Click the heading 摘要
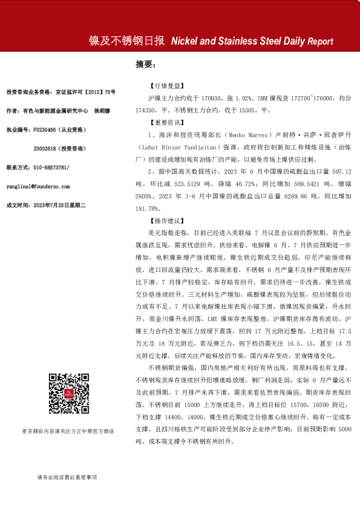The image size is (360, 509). coord(145,64)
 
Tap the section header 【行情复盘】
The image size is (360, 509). coord(164,86)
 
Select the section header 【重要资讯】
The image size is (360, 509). coord(164,122)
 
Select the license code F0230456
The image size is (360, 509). coord(47,129)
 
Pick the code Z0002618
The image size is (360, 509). coord(47,148)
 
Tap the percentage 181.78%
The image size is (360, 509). coord(162,209)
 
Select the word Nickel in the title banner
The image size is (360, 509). coord(186,42)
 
